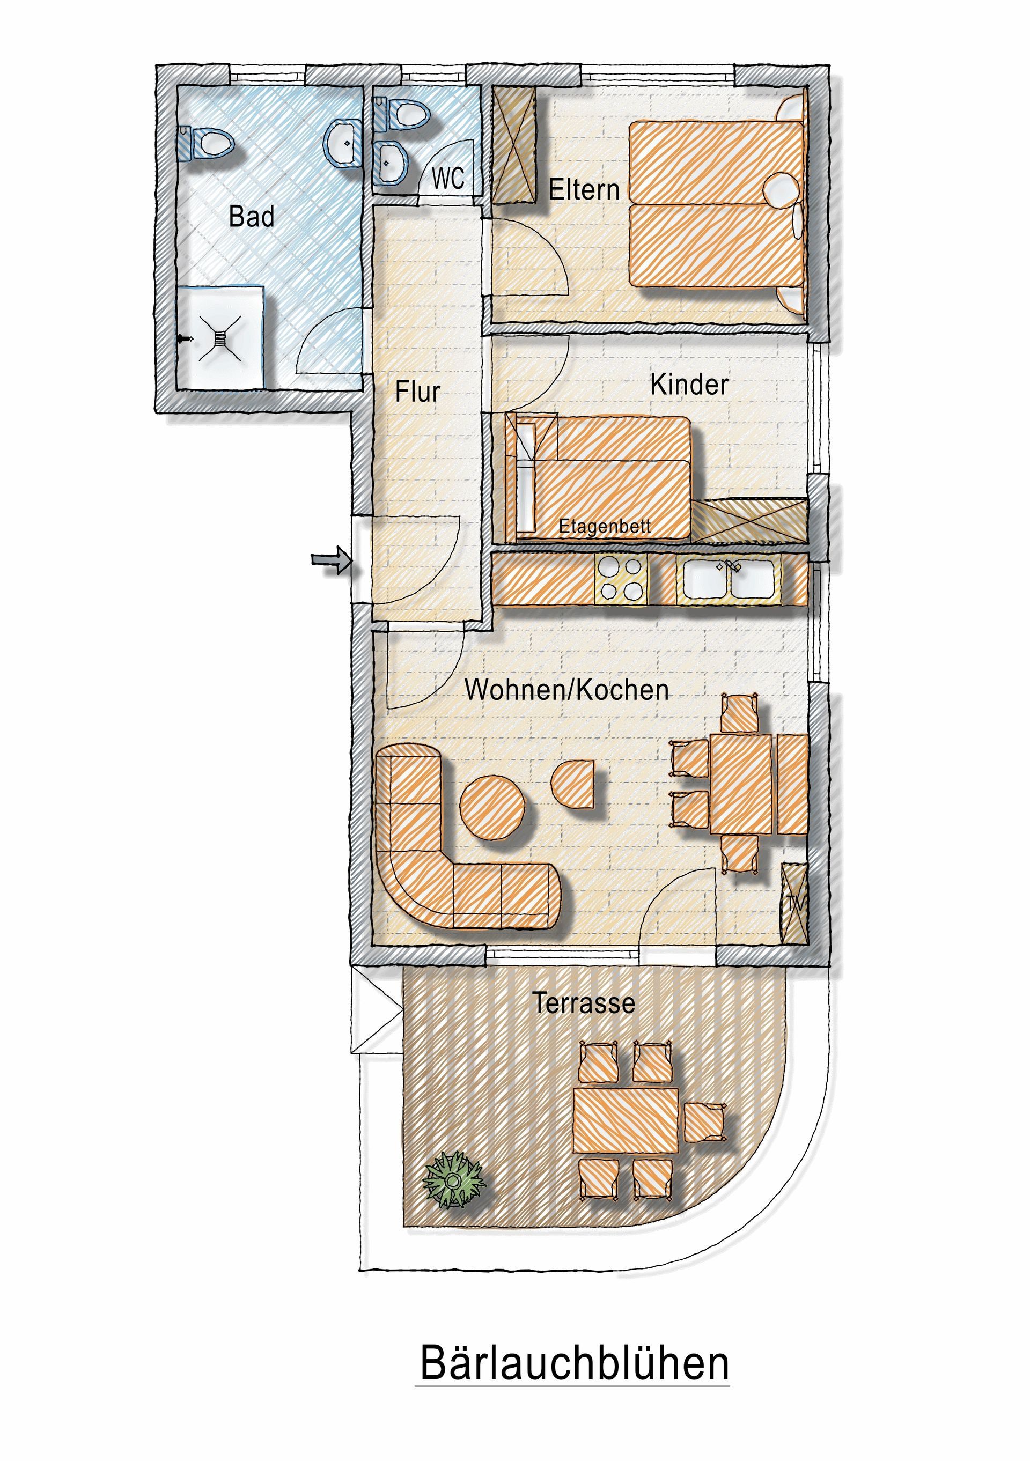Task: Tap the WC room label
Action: tap(448, 179)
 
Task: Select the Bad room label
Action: tap(252, 216)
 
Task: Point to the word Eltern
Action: tap(584, 190)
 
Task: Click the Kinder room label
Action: tap(689, 385)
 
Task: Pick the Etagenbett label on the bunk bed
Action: tap(605, 527)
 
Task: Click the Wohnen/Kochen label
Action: tap(566, 690)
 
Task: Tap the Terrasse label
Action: tap(584, 1003)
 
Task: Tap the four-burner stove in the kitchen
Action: tap(621, 578)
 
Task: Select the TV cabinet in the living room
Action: tap(794, 902)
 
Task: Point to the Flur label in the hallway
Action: tap(417, 392)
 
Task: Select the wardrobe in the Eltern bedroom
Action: tap(514, 144)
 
